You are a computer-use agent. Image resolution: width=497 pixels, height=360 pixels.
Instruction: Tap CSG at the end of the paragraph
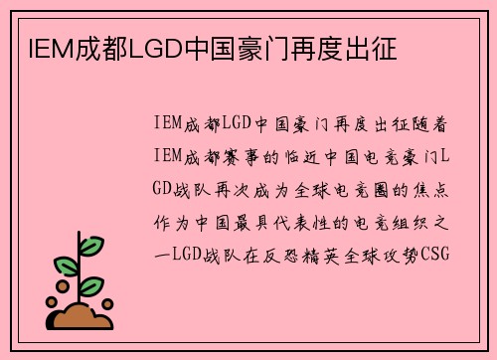(x=435, y=253)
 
